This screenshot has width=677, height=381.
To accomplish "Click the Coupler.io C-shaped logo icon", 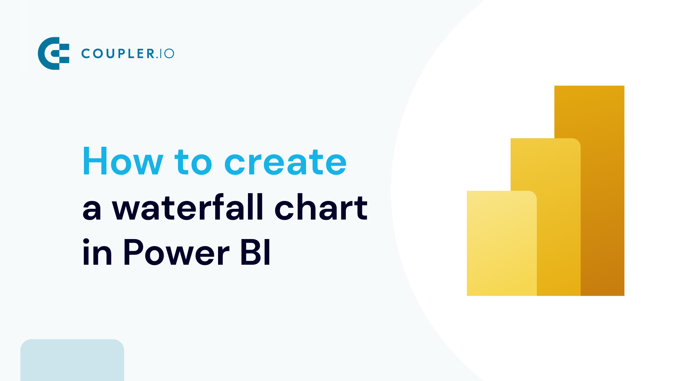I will pyautogui.click(x=53, y=53).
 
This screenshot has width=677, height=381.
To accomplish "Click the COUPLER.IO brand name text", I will pyautogui.click(x=128, y=53).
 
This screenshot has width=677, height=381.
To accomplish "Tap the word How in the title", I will pyautogui.click(x=123, y=161).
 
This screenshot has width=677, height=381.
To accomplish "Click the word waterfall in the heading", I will pyautogui.click(x=188, y=207).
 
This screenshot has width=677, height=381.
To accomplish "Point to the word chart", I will pyautogui.click(x=321, y=207).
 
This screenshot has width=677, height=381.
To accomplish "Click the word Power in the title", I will pyautogui.click(x=176, y=252).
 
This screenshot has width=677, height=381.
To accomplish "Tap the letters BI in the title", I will pyautogui.click(x=256, y=252).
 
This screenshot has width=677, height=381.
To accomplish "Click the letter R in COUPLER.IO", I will pyautogui.click(x=151, y=53).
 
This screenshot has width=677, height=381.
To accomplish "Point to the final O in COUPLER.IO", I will pyautogui.click(x=169, y=53).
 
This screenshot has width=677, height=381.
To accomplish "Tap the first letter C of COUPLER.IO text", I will pyautogui.click(x=85, y=53).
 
